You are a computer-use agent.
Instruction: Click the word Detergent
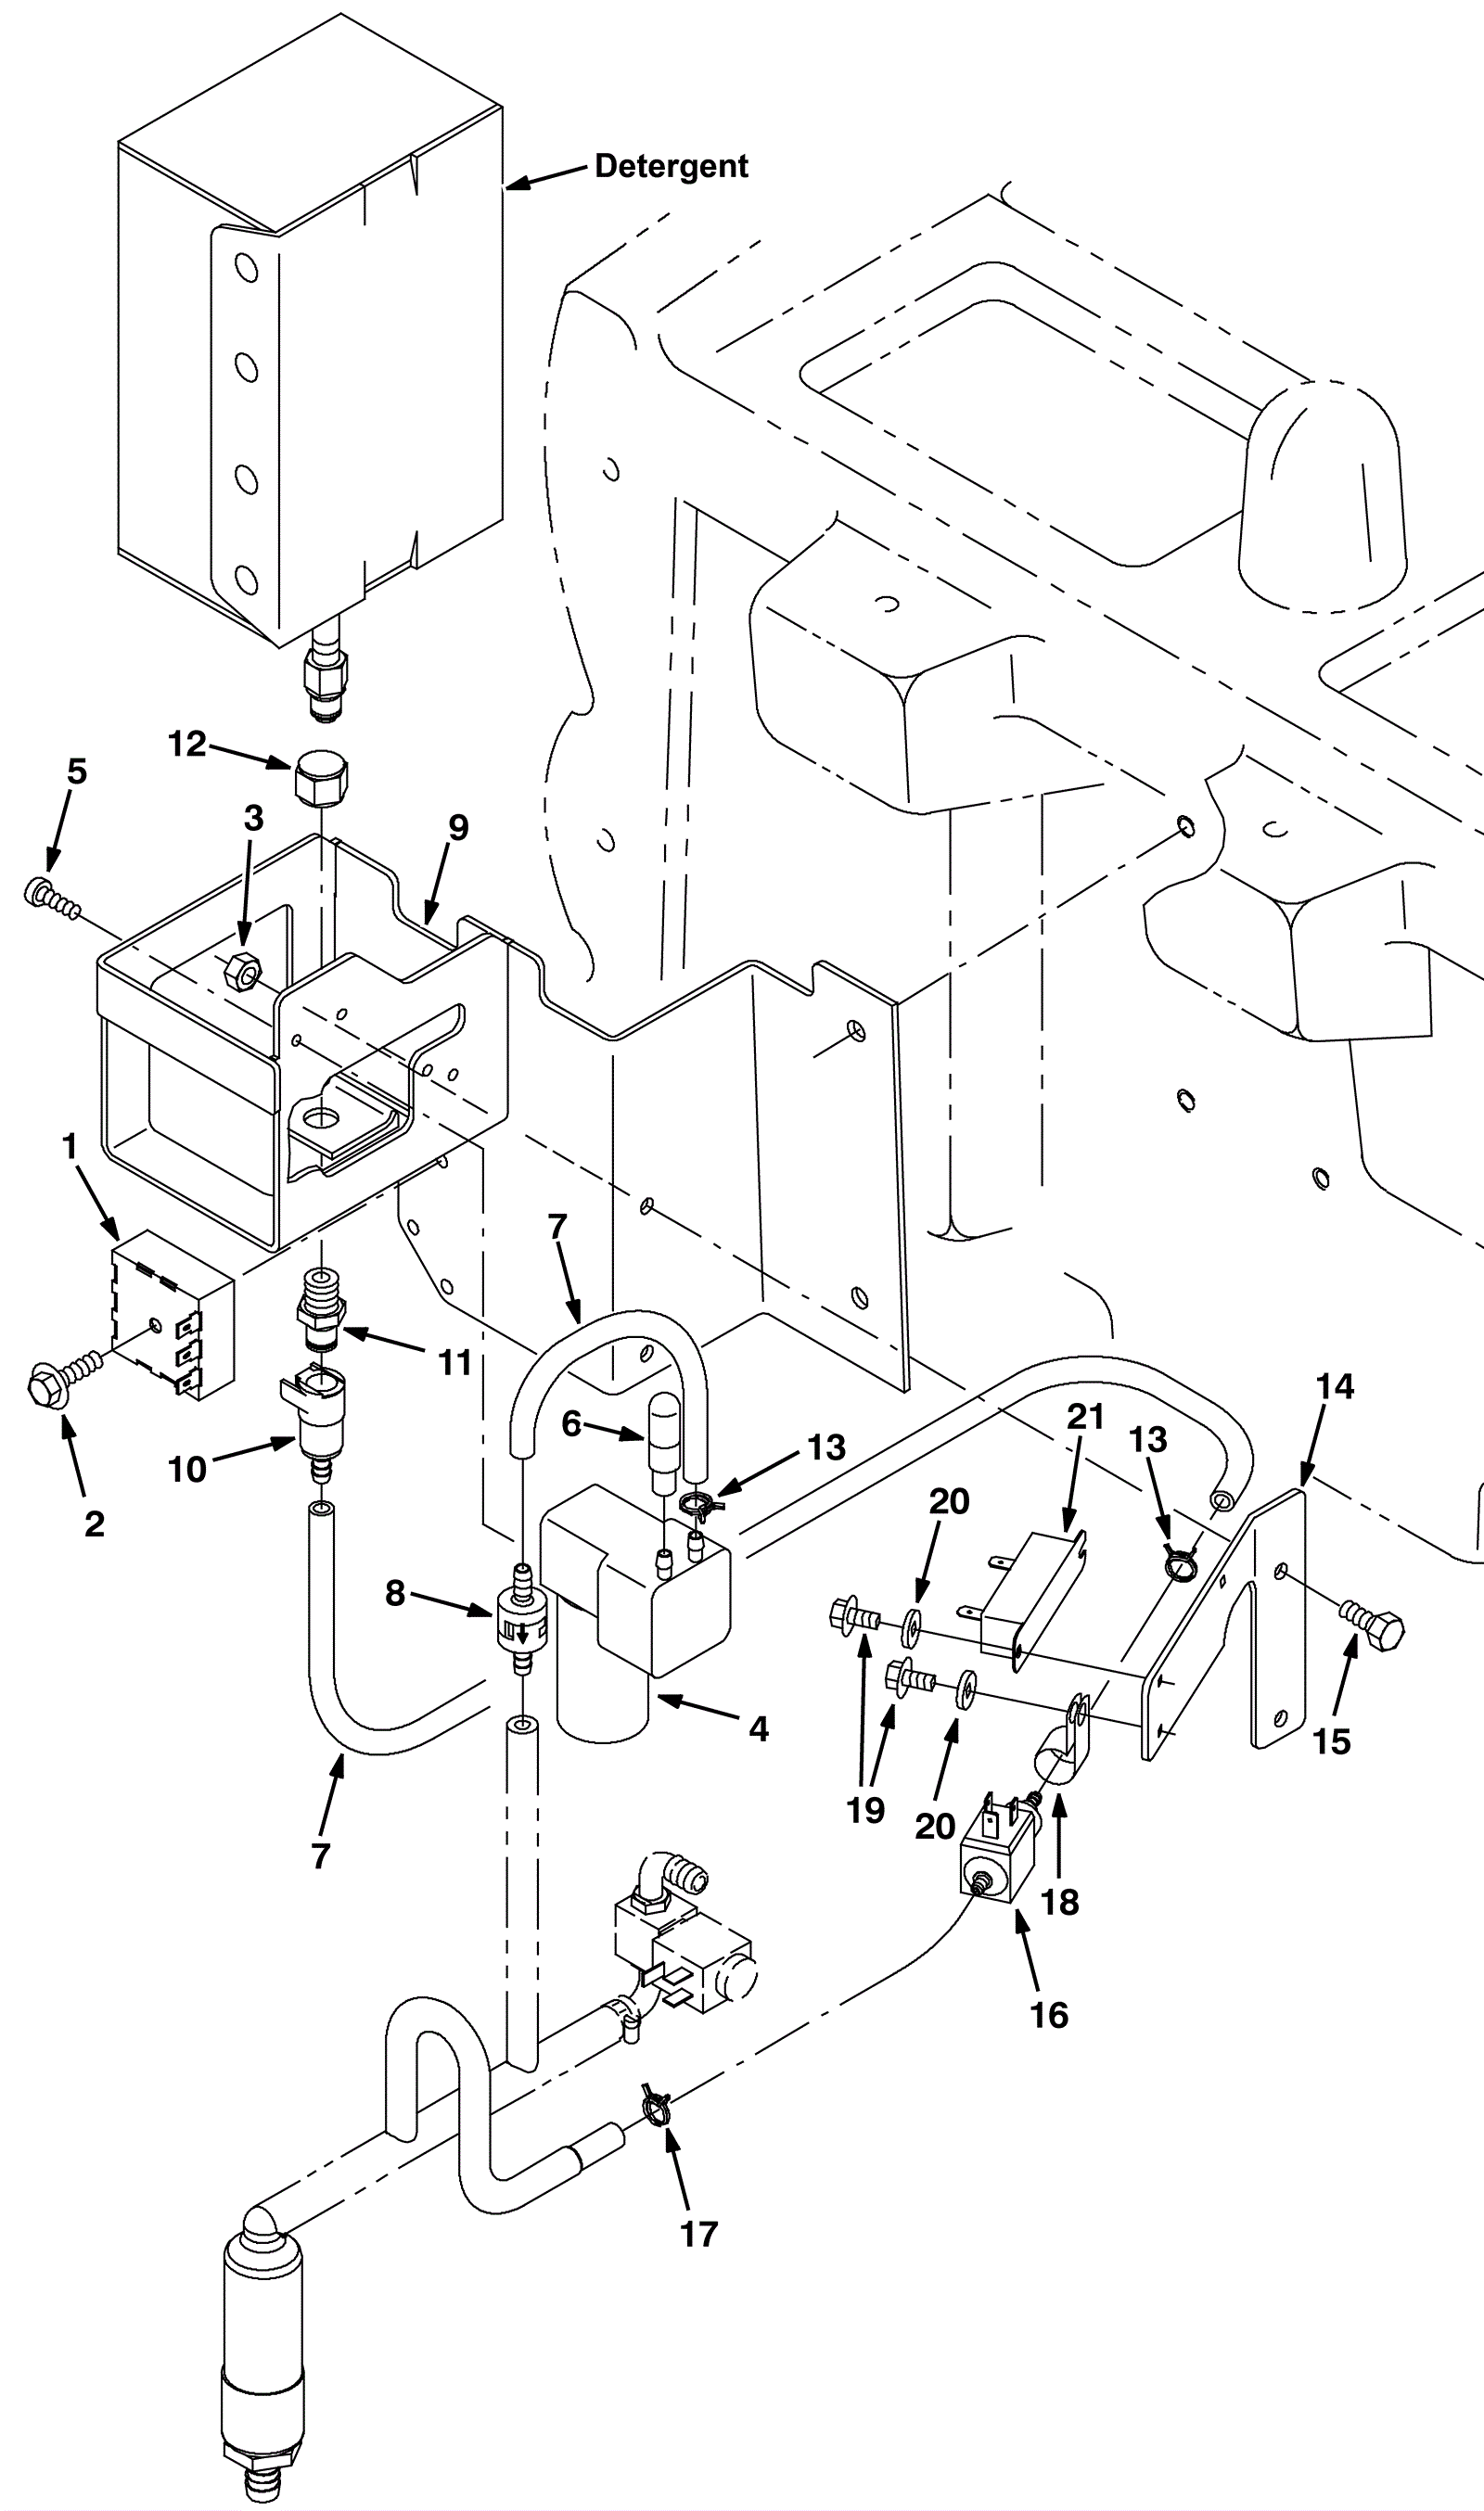[x=671, y=166]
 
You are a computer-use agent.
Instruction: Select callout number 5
[x=77, y=771]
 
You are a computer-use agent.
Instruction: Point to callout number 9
[x=458, y=828]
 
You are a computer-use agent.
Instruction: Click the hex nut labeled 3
[x=243, y=969]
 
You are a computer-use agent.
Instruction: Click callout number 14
[x=1335, y=1386]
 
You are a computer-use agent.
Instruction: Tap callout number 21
[x=1085, y=1417]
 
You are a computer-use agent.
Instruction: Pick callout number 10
[x=187, y=1470]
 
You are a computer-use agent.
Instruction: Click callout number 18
[x=1060, y=1902]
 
